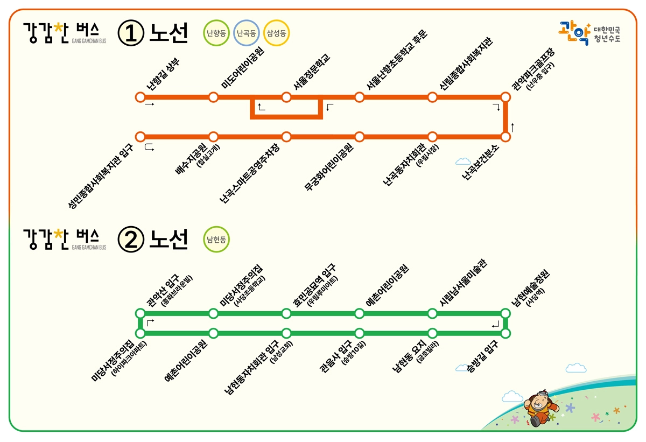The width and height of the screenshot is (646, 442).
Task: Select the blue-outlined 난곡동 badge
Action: [247, 33]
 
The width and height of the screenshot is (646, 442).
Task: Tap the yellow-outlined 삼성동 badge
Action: [277, 33]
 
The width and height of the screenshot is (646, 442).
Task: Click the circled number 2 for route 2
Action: [131, 240]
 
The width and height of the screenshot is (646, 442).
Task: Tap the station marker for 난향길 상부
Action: [141, 97]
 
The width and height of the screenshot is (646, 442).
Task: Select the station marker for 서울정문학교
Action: [286, 97]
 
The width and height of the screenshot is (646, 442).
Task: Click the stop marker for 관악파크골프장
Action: [505, 97]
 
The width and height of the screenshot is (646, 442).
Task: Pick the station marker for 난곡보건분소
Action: [505, 137]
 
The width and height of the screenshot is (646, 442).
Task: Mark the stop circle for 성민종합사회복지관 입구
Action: [141, 137]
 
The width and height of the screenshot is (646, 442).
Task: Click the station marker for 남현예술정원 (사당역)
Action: [505, 313]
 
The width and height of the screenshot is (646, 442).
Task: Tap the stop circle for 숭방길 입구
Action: [505, 333]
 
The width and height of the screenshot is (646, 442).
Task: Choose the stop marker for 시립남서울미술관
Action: [432, 313]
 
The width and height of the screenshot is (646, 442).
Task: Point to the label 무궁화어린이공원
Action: [328, 167]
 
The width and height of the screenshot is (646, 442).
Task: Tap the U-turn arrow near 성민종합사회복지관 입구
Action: [149, 147]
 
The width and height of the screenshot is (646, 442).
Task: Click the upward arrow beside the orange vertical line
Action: [512, 127]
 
